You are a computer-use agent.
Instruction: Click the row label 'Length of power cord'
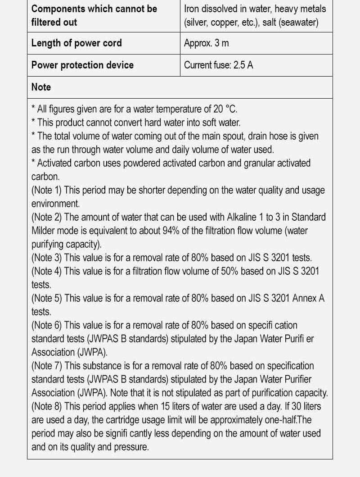(x=76, y=43)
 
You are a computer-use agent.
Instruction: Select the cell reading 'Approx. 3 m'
(x=206, y=43)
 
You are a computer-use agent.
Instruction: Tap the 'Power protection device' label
(x=82, y=65)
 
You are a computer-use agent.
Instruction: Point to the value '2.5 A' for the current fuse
(x=243, y=65)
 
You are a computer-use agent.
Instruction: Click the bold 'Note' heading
(x=41, y=87)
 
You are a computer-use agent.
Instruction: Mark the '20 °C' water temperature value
(x=223, y=109)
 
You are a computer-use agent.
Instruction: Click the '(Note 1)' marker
(x=46, y=190)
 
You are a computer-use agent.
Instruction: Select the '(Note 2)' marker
(x=46, y=217)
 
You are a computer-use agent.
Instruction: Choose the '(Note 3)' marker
(x=46, y=258)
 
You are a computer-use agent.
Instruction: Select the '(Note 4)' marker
(x=46, y=271)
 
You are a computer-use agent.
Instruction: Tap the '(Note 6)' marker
(x=46, y=325)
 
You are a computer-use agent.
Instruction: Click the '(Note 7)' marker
(x=46, y=366)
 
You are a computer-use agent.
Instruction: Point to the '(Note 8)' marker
(x=46, y=406)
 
